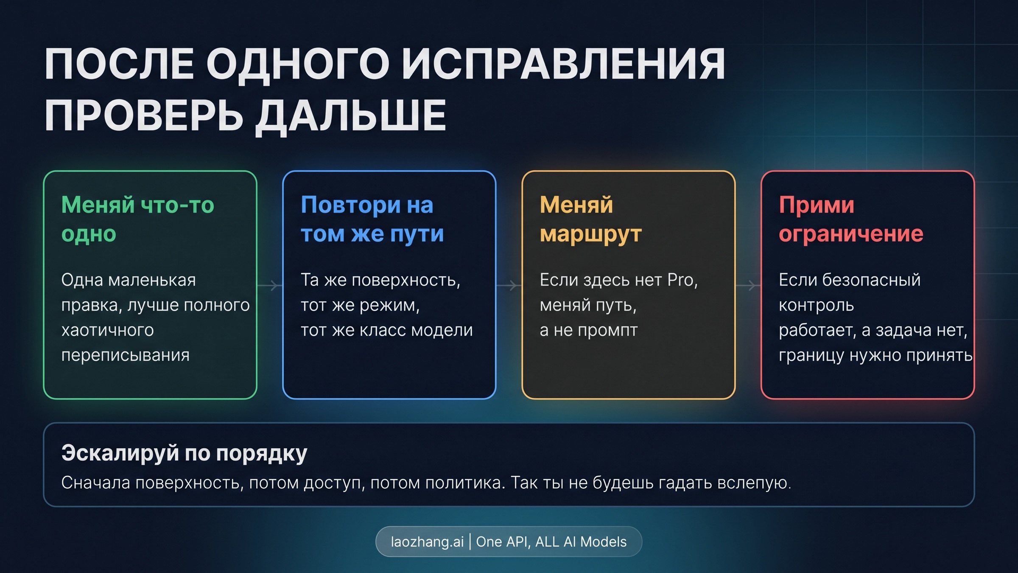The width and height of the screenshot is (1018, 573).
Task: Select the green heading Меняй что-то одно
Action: click(x=137, y=219)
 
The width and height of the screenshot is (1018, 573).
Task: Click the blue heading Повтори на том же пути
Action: click(x=372, y=219)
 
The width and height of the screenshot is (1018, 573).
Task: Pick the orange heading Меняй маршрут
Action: click(x=590, y=219)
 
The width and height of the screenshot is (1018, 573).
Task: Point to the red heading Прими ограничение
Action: click(x=850, y=219)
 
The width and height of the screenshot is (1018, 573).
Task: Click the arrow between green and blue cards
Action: click(x=270, y=285)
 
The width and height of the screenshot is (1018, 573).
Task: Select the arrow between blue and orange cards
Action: click(x=509, y=285)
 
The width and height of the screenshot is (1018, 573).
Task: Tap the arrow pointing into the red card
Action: click(x=748, y=285)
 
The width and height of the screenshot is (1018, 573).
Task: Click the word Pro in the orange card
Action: click(x=680, y=280)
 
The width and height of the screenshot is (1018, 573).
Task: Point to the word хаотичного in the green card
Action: click(x=107, y=330)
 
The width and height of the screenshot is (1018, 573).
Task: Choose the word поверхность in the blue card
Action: click(x=406, y=280)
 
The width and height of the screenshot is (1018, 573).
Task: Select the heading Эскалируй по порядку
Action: click(x=184, y=453)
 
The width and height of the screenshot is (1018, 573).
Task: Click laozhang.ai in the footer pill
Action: click(x=427, y=542)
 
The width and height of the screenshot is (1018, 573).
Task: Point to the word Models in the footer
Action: click(x=603, y=542)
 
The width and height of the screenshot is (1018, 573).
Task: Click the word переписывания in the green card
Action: click(x=125, y=355)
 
